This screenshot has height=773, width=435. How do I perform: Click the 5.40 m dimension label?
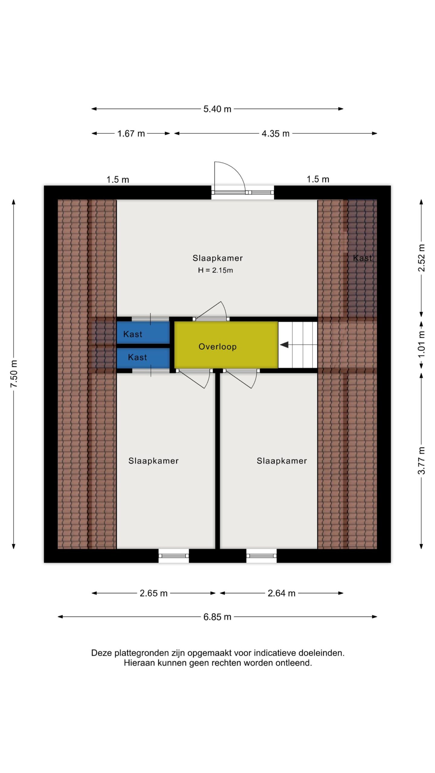pyautogui.click(x=217, y=109)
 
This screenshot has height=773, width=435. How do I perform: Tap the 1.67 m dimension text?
pyautogui.click(x=131, y=133)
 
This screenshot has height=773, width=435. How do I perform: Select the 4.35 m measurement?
pyautogui.click(x=275, y=133)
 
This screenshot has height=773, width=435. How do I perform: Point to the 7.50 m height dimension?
pyautogui.click(x=14, y=374)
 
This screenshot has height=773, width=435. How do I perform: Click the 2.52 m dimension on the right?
pyautogui.click(x=421, y=258)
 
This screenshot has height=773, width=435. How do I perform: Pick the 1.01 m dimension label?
pyautogui.click(x=421, y=345)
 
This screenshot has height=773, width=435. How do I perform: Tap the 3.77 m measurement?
pyautogui.click(x=421, y=461)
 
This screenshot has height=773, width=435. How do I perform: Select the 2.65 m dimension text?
pyautogui.click(x=153, y=593)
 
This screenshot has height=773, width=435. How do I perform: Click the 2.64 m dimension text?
pyautogui.click(x=282, y=593)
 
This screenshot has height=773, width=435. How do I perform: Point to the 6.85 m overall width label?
pyautogui.click(x=217, y=617)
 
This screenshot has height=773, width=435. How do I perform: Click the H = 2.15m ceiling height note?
pyautogui.click(x=215, y=270)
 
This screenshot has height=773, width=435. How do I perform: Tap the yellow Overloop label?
pyautogui.click(x=217, y=347)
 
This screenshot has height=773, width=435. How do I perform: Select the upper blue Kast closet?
pyautogui.click(x=143, y=332)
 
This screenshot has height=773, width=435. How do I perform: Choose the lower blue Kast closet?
pyautogui.click(x=143, y=358)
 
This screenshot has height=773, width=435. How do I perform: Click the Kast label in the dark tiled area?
pyautogui.click(x=362, y=258)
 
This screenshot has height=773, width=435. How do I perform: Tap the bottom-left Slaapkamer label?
pyautogui.click(x=153, y=461)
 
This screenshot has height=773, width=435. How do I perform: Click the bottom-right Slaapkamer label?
pyautogui.click(x=282, y=461)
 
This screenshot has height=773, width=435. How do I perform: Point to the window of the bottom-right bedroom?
pyautogui.click(x=262, y=556)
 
